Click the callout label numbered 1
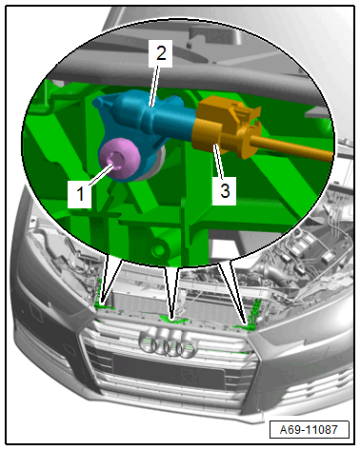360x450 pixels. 80,194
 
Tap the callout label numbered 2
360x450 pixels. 161,53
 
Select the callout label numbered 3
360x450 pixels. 225,191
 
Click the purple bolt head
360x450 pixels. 120,159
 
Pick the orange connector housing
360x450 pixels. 227,127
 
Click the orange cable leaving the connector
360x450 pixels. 292,148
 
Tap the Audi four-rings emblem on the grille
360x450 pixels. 168,343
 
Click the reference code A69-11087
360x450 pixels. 309,429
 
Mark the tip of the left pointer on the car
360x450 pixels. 102,303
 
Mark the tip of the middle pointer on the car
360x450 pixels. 172,319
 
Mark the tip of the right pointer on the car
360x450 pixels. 247,324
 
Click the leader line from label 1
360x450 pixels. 101,174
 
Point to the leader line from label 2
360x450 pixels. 154,87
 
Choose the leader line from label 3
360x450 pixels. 219,161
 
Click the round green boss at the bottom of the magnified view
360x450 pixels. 158,248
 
